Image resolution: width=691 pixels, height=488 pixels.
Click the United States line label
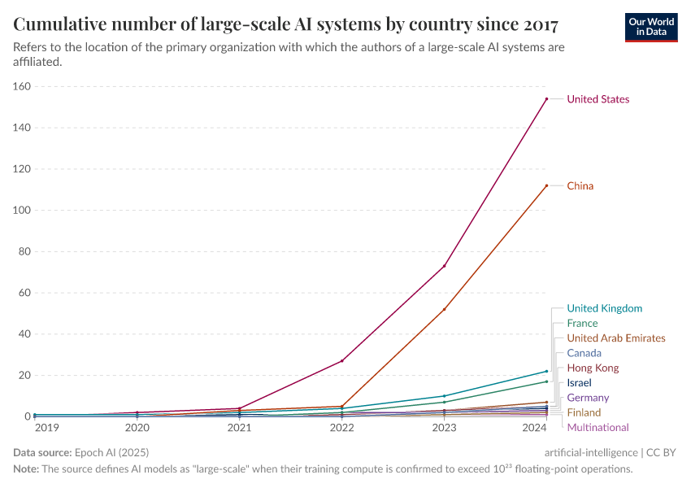coord(598,99)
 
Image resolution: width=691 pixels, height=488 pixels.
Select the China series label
coord(580,186)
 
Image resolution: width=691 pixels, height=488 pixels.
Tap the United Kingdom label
coord(604,308)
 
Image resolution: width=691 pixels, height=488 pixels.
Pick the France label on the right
coord(582,324)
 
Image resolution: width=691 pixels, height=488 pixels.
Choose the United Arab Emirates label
coord(615,338)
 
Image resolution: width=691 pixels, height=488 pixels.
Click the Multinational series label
coord(598,428)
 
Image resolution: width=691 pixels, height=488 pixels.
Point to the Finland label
coord(584,413)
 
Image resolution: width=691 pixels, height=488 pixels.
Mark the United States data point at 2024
coord(546,99)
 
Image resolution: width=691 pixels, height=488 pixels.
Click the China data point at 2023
coord(444,309)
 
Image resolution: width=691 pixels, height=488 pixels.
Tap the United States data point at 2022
coord(341,360)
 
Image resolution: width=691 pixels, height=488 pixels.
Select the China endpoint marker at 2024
coord(546,185)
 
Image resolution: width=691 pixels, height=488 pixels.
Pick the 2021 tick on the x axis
coord(239,427)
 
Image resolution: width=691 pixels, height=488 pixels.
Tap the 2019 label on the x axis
coord(46,427)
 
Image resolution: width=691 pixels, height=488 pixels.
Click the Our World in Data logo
coord(650,27)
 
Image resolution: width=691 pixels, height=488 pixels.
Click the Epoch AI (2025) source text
coord(112,452)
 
